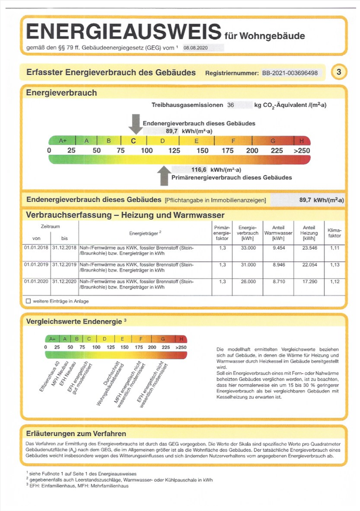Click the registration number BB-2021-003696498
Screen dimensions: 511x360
[290, 72]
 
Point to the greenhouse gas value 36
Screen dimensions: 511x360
[231, 105]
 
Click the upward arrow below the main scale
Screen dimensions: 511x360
[164, 174]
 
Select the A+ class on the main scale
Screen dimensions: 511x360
[62, 141]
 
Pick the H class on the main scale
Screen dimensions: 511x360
[302, 141]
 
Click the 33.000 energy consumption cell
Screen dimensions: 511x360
[248, 248]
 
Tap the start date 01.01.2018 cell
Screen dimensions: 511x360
[36, 248]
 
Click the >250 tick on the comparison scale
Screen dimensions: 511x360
[181, 347]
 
